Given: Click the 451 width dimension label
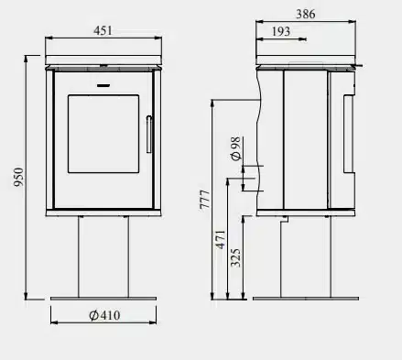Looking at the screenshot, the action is pyautogui.click(x=103, y=30).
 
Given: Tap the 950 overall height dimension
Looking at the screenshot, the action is pyautogui.click(x=18, y=177).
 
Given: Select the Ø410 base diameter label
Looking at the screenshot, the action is pyautogui.click(x=104, y=315).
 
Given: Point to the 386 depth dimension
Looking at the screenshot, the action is pyautogui.click(x=306, y=14).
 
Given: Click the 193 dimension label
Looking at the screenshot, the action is pyautogui.click(x=281, y=31).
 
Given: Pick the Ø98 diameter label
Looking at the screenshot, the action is pyautogui.click(x=236, y=148).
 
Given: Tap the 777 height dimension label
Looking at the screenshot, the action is pyautogui.click(x=205, y=200).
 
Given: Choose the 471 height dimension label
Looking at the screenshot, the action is pyautogui.click(x=221, y=240).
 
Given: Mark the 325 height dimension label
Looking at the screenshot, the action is pyautogui.click(x=235, y=258).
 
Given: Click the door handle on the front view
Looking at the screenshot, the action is pyautogui.click(x=149, y=134).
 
